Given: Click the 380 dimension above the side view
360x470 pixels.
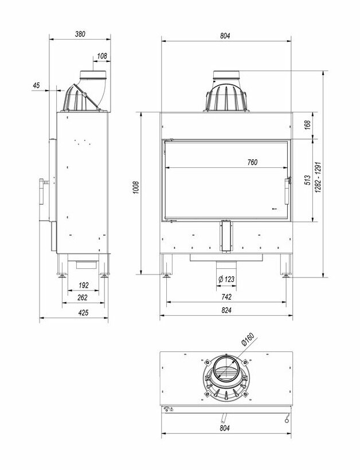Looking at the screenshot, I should pos(80,34).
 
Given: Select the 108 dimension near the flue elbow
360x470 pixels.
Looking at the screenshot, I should pos(103,56).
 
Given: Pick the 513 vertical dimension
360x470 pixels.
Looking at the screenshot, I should pos(307,181).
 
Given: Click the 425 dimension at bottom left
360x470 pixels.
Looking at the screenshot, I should pos(83,312).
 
